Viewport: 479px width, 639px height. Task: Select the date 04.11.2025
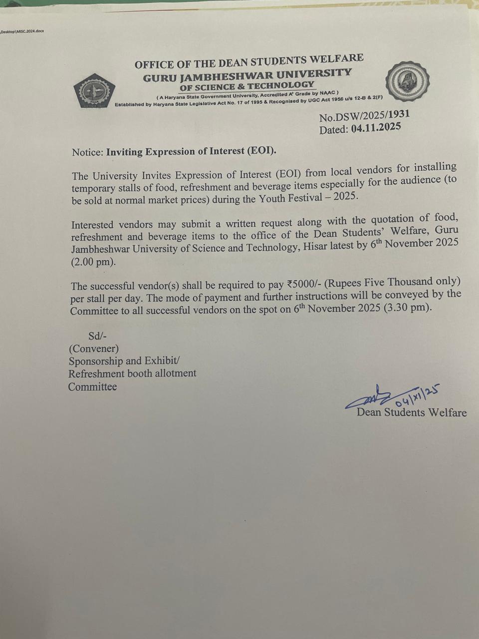click(x=376, y=128)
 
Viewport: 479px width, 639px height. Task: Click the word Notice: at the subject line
click(x=87, y=152)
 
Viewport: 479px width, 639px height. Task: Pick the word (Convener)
click(x=94, y=348)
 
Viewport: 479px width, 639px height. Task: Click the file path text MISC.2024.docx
click(x=31, y=31)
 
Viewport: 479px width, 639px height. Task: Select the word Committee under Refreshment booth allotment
click(x=93, y=387)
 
